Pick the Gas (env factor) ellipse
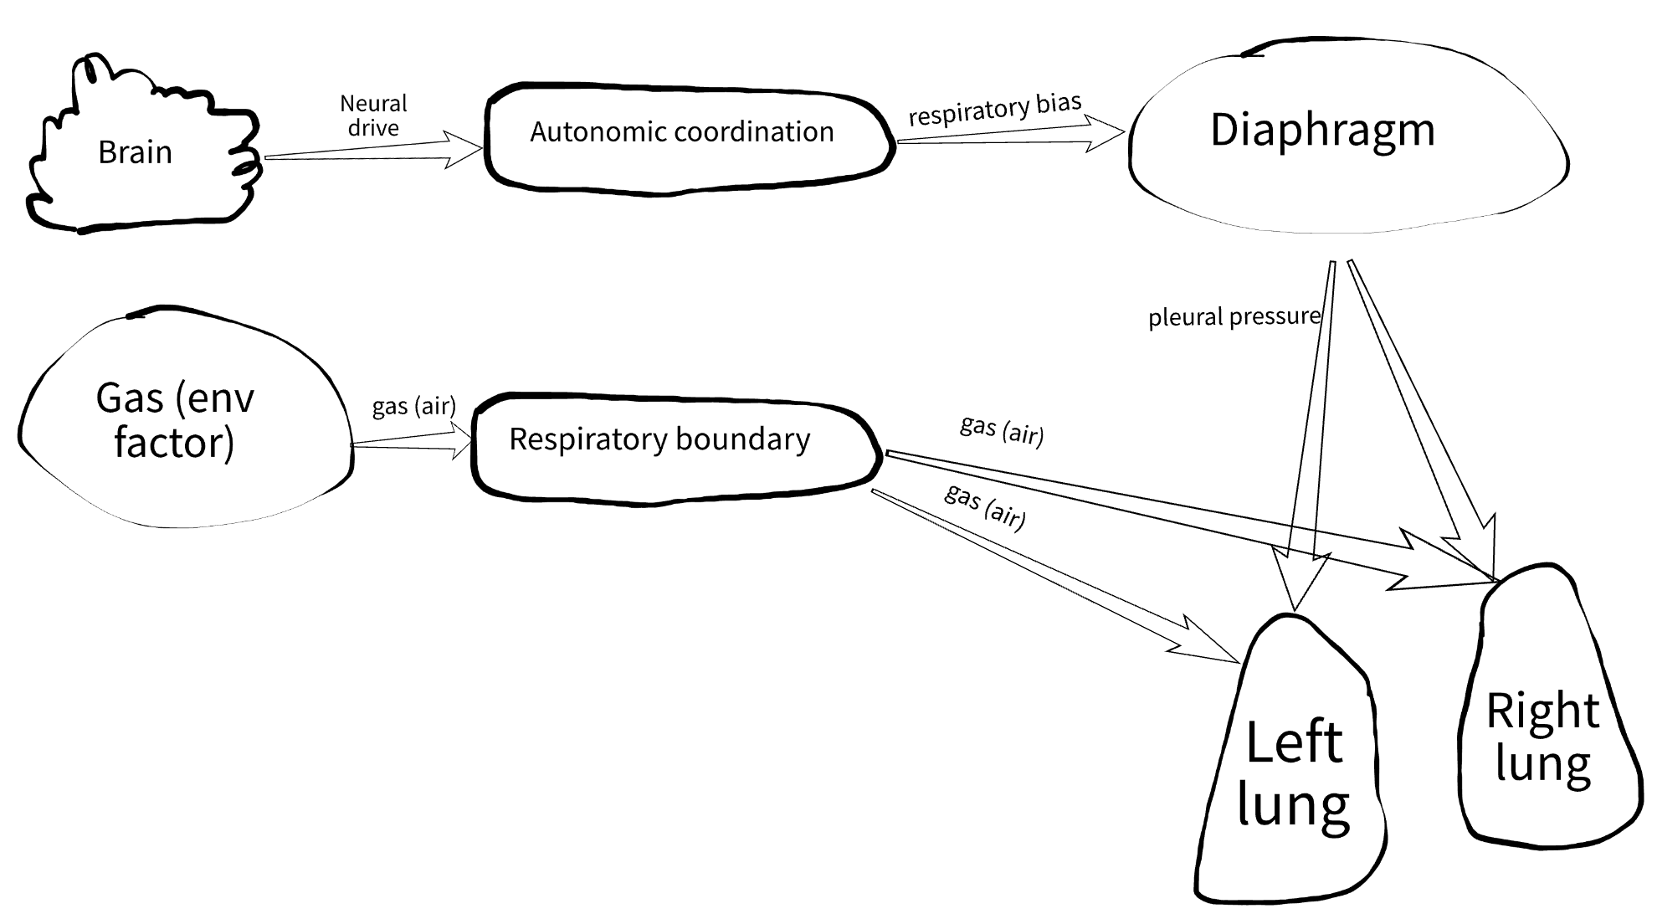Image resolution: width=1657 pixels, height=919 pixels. coord(184,418)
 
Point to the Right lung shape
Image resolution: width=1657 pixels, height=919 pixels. coord(1548,720)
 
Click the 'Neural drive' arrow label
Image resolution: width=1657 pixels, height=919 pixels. coord(373,116)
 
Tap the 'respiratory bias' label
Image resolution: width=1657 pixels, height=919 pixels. coord(995,109)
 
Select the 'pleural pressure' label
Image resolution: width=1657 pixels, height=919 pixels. coord(1234,317)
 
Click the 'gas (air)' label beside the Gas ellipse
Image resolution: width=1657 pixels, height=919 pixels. coord(413,406)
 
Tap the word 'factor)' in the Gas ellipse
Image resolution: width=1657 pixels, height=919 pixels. coord(174,443)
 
